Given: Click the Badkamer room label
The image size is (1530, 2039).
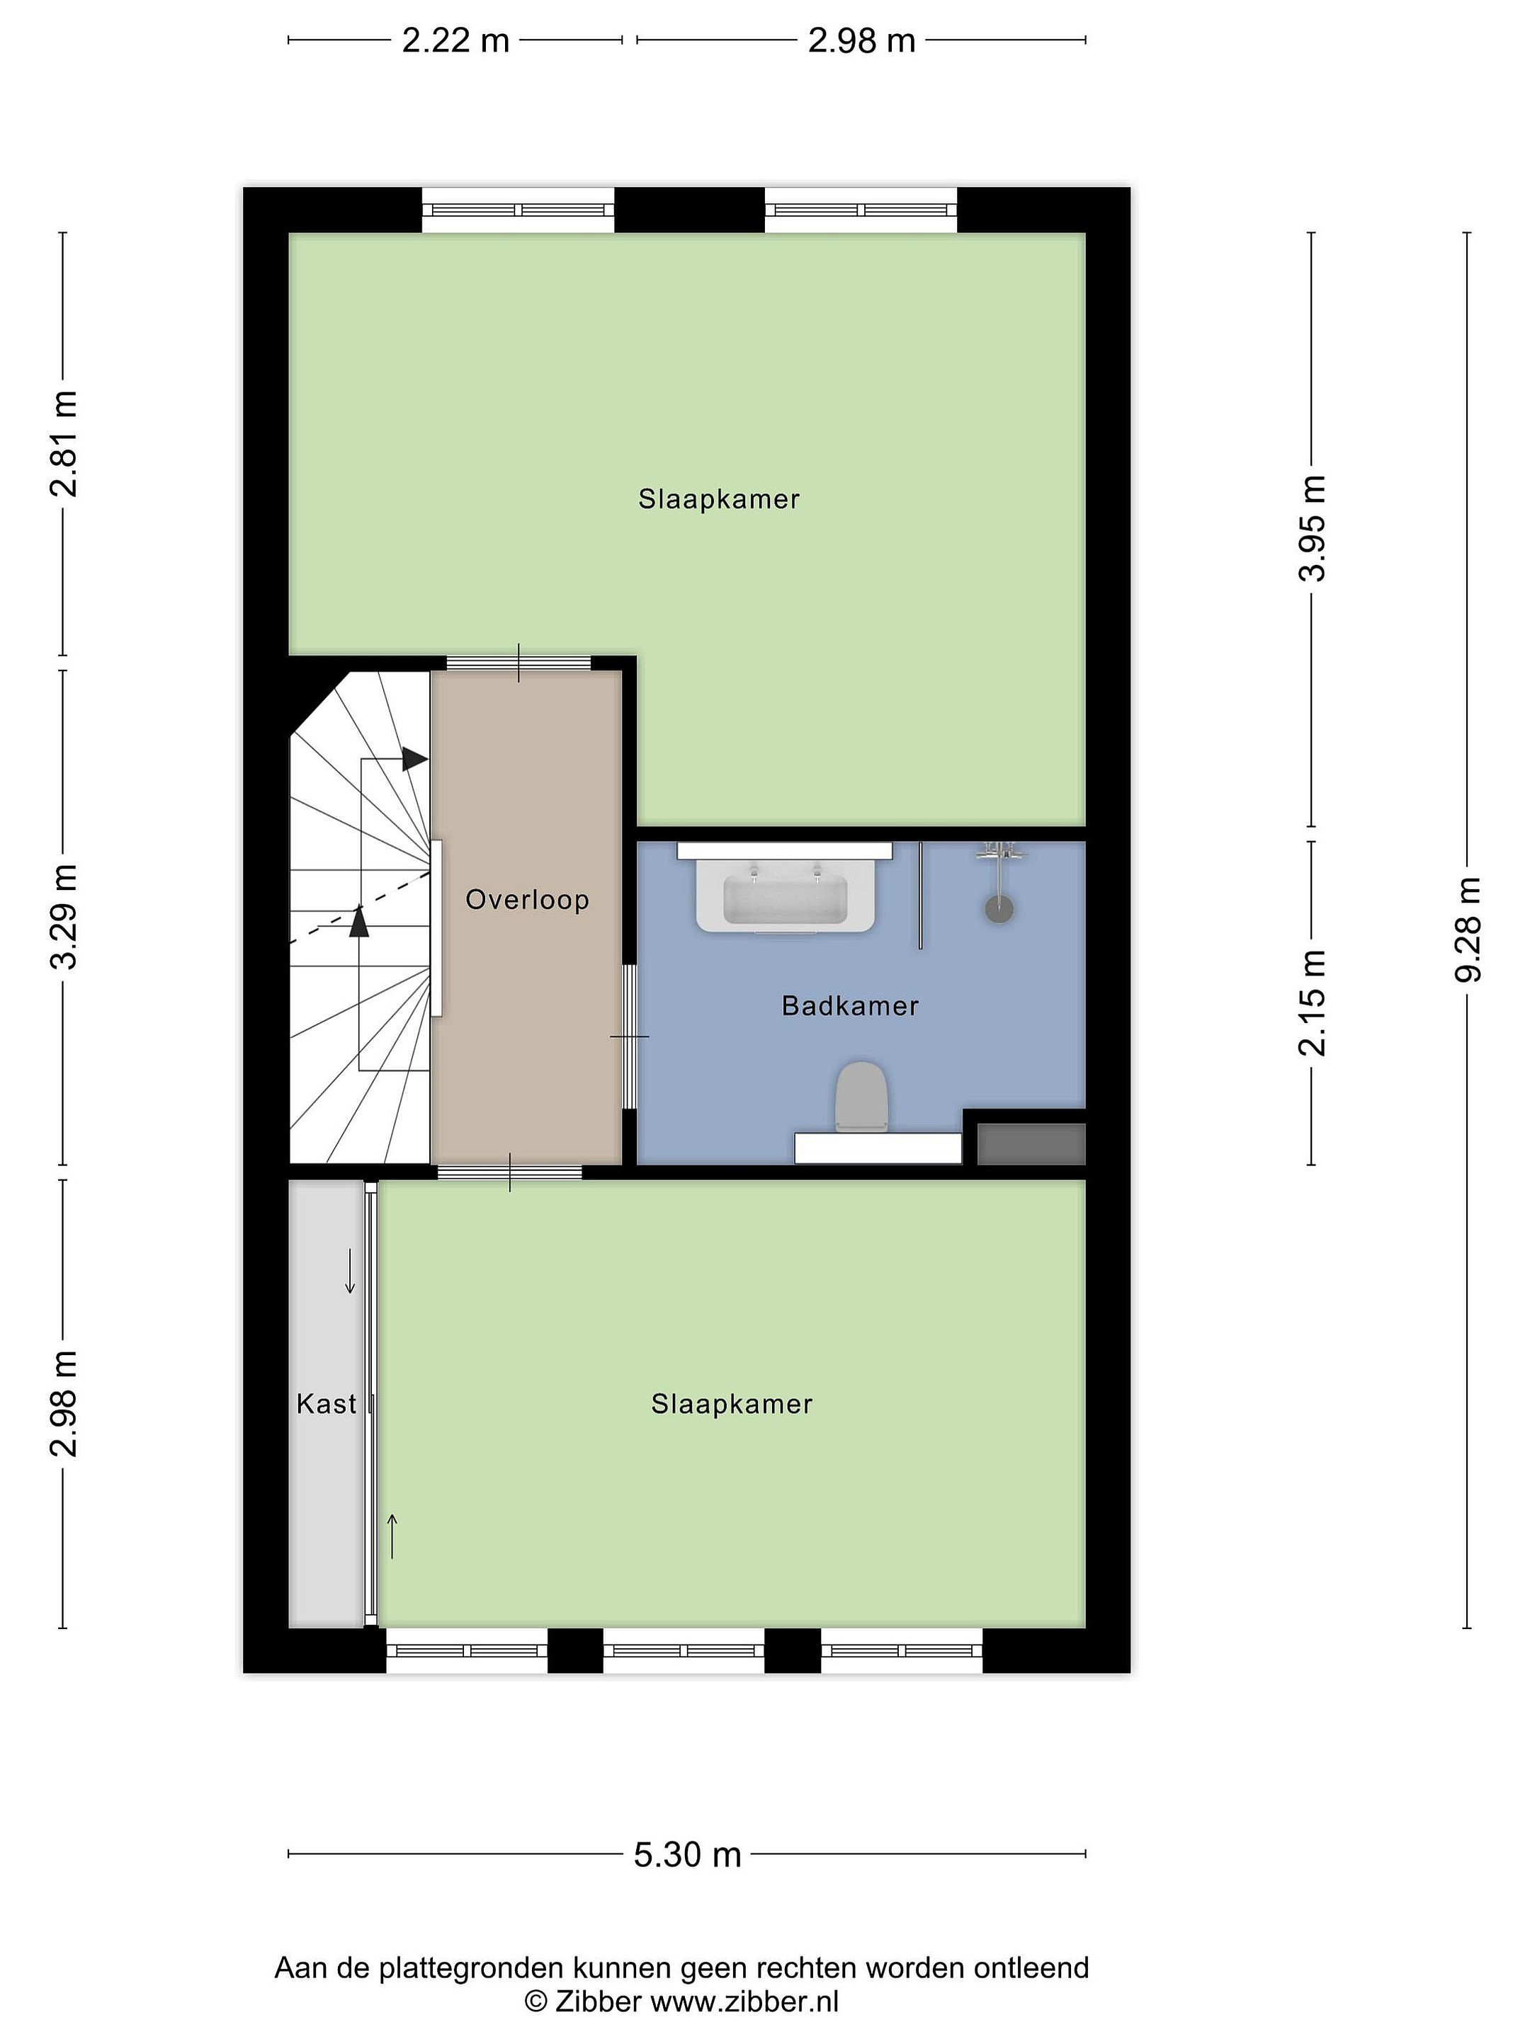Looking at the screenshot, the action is (849, 1005).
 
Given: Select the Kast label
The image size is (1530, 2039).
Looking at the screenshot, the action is (326, 1403).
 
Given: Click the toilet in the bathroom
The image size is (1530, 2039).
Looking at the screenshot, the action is (861, 1097).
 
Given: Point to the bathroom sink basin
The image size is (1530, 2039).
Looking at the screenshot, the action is (785, 898).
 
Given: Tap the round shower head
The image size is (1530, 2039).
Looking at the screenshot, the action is (999, 909).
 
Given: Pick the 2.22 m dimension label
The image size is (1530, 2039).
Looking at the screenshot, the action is (455, 40).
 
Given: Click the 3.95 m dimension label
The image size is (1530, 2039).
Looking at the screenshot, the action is (1311, 528).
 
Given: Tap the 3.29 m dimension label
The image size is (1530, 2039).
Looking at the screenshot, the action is (64, 917).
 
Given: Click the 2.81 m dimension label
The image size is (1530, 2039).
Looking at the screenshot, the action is (64, 443).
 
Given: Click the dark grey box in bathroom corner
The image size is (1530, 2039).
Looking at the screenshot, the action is (1031, 1144).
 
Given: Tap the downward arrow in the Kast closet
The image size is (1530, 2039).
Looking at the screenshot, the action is (349, 1271).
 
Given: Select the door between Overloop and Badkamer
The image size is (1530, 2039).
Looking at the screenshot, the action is (629, 1036).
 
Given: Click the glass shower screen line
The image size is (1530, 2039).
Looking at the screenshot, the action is (920, 895).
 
